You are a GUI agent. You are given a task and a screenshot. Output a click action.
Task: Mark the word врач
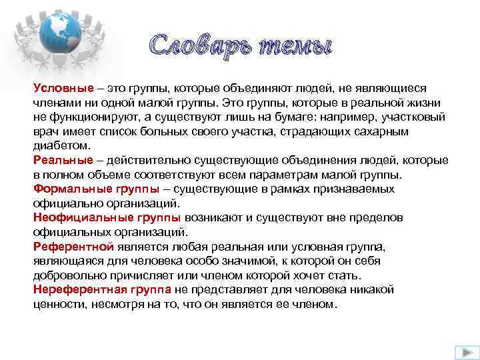tap(46, 131)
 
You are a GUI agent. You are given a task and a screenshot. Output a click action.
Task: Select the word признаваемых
tap(358, 189)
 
